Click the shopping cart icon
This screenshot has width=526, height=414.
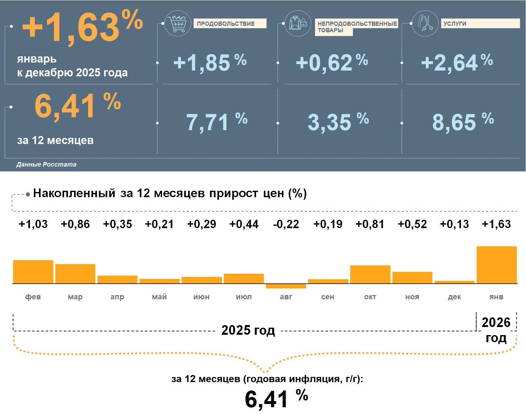point(177,23)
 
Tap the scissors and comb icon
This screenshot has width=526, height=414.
point(425,23)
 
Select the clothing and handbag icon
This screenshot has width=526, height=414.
point(298,23)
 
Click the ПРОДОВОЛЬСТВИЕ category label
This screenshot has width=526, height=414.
point(230,24)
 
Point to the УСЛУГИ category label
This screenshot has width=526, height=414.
point(480,24)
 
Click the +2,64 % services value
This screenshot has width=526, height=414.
point(457,62)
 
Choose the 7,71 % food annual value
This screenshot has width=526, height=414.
point(217,122)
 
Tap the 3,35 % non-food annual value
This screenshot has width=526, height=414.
point(338,122)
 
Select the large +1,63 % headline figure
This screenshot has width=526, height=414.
point(82,27)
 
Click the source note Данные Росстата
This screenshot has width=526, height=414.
point(46,164)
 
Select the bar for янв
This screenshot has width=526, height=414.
point(496,265)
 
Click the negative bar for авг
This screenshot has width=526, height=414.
point(286,286)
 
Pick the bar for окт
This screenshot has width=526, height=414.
point(370,274)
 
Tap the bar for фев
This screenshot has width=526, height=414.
point(33,272)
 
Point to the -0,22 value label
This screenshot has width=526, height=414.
point(286,224)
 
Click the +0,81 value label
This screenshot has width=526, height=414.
point(370,224)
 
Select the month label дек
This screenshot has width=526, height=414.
point(454,297)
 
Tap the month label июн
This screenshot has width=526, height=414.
point(201,297)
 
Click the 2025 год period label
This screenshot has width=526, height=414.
point(248,330)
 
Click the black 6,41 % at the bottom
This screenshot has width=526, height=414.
point(276,399)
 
